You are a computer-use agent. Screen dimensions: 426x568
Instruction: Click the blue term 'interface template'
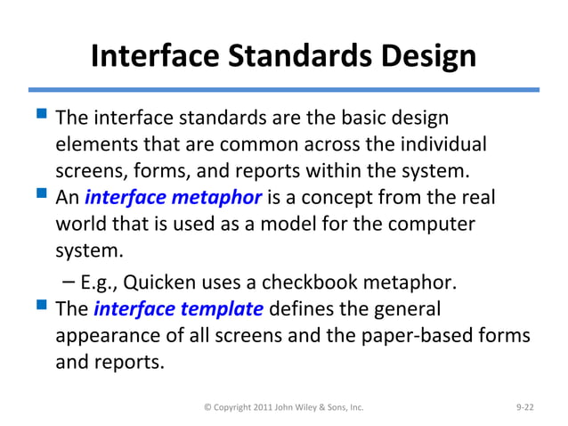click(x=178, y=309)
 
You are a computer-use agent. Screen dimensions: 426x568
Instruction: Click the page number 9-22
click(x=525, y=407)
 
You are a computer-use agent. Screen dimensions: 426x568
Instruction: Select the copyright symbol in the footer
click(x=207, y=407)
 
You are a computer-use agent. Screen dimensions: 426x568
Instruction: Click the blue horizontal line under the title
click(x=284, y=89)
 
